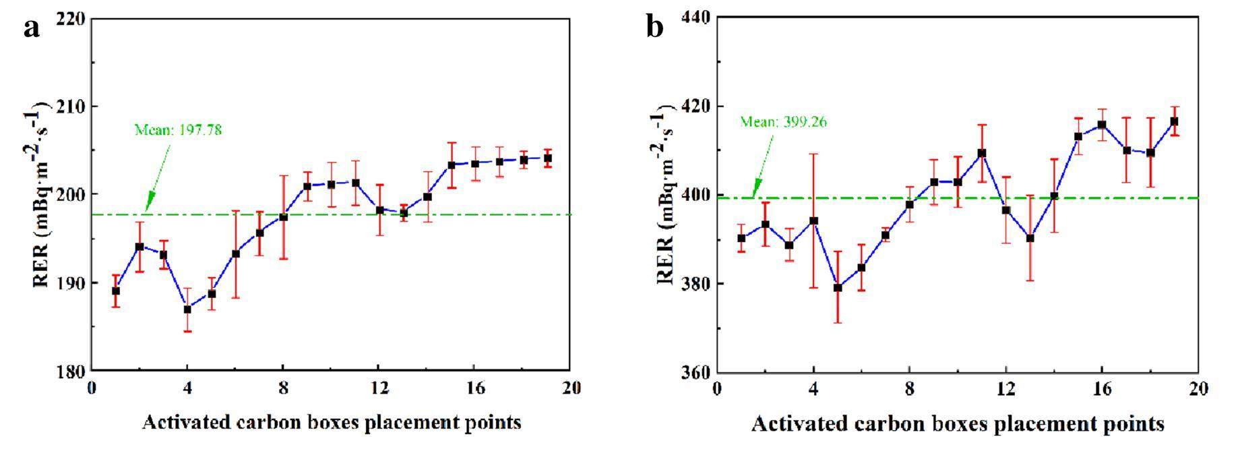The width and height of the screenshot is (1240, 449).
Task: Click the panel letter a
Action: (32, 28)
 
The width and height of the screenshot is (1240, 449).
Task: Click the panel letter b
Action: (654, 28)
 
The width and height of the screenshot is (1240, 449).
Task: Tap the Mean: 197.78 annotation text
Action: (178, 129)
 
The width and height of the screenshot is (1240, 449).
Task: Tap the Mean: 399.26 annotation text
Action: (783, 122)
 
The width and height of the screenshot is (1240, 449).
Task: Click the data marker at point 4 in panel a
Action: (187, 309)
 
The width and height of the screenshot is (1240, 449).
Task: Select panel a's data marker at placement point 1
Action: (116, 291)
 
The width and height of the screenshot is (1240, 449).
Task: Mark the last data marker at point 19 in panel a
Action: (548, 158)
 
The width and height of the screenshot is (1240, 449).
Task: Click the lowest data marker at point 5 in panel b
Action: (838, 288)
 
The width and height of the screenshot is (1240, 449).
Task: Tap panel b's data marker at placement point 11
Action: (982, 153)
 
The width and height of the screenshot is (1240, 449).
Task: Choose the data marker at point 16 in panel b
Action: (1102, 125)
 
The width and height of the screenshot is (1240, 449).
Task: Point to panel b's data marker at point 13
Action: (1030, 238)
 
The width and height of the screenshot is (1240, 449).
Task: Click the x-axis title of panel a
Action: (332, 423)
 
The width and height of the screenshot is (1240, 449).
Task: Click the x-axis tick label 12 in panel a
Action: (379, 388)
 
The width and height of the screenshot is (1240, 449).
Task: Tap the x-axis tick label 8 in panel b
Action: (909, 389)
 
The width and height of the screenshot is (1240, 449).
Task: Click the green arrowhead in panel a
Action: (149, 202)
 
